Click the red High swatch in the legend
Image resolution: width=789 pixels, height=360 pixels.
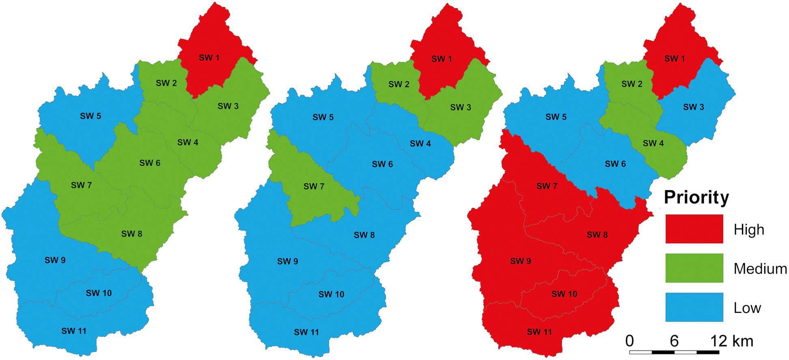(x=694, y=229)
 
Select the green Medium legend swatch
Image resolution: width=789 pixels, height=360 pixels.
(x=694, y=268)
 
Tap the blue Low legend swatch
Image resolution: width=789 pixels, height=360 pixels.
(x=694, y=307)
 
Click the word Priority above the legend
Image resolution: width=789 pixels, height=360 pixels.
(x=696, y=198)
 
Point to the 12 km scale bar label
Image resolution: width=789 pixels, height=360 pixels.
(x=732, y=341)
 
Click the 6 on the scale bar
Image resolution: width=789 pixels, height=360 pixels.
(x=674, y=341)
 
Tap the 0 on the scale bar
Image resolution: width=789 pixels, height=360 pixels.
(x=629, y=341)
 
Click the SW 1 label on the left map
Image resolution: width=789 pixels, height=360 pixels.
(x=209, y=58)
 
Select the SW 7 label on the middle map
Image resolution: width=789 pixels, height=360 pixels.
(x=314, y=187)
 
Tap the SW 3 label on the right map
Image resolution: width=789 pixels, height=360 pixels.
(x=694, y=107)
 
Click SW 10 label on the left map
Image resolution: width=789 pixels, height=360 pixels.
(x=99, y=293)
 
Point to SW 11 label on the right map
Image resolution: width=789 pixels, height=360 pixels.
(x=539, y=332)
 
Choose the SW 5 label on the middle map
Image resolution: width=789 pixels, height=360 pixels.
(x=323, y=117)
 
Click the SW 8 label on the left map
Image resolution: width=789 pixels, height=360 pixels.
(x=131, y=234)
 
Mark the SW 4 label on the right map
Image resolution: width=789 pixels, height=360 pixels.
(x=653, y=143)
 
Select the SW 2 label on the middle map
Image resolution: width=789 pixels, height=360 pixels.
(x=399, y=84)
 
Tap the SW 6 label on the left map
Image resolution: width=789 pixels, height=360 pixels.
(x=150, y=163)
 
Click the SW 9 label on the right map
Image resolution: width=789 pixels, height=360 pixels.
(x=520, y=261)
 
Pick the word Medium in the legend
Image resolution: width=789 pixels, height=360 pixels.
(x=760, y=268)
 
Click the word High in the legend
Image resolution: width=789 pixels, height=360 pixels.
(x=749, y=230)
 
